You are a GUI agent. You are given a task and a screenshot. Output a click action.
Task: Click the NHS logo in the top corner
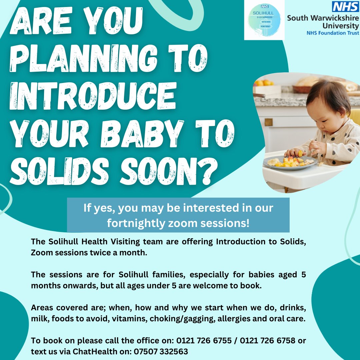[345, 6]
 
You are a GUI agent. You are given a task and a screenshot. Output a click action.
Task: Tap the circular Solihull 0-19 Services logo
[264, 20]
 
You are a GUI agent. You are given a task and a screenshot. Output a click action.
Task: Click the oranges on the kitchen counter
[263, 83]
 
